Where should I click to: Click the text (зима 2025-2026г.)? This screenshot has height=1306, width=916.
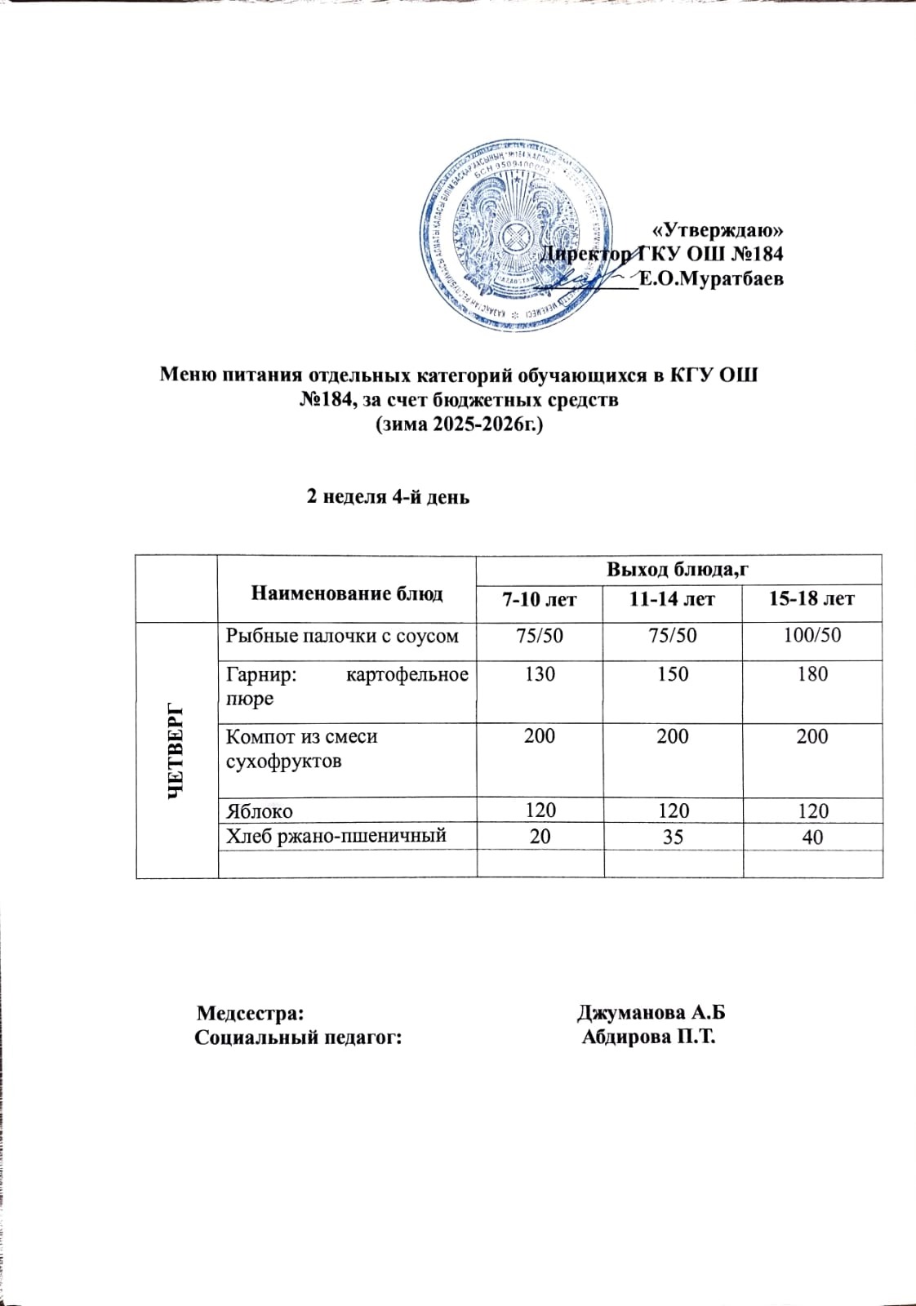pos(458,425)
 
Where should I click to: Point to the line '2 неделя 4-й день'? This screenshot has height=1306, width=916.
pos(387,496)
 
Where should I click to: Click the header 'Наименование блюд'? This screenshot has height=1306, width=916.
pos(346,593)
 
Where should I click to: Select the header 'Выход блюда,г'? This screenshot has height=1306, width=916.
pos(677,569)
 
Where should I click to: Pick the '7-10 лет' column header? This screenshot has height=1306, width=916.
pos(539,599)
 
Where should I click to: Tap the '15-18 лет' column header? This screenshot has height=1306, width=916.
pos(812,599)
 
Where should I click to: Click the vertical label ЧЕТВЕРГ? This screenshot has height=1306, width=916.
pos(176,749)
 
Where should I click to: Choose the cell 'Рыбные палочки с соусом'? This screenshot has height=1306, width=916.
pos(342,635)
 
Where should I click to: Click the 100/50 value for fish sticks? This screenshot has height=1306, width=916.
pos(812,635)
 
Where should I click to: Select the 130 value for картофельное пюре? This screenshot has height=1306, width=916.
pos(540,674)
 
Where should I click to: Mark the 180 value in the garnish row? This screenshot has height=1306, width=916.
pos(813,674)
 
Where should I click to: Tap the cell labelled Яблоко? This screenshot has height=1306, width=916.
pos(259,811)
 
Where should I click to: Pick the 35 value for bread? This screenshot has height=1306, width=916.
pos(673,837)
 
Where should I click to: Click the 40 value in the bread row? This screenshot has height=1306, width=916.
pos(813,837)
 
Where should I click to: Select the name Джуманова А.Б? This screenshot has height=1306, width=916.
pos(651,1013)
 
